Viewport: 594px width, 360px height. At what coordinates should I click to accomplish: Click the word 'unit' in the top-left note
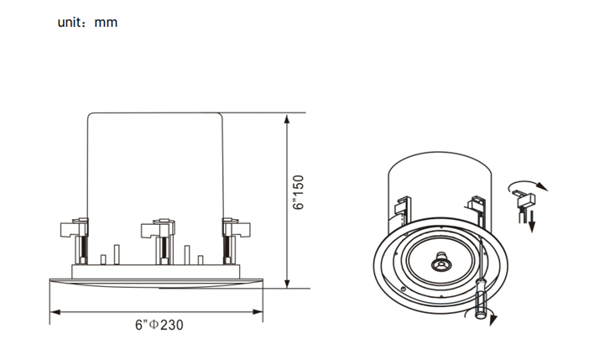69,23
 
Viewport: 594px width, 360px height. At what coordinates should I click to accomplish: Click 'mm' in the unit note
107,23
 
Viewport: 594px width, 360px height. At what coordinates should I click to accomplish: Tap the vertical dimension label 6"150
298,193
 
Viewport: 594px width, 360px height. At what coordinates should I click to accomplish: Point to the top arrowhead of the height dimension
287,114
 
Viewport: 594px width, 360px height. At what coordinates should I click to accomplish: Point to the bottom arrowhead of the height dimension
287,285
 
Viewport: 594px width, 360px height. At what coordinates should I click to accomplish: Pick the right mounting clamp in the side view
234,228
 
